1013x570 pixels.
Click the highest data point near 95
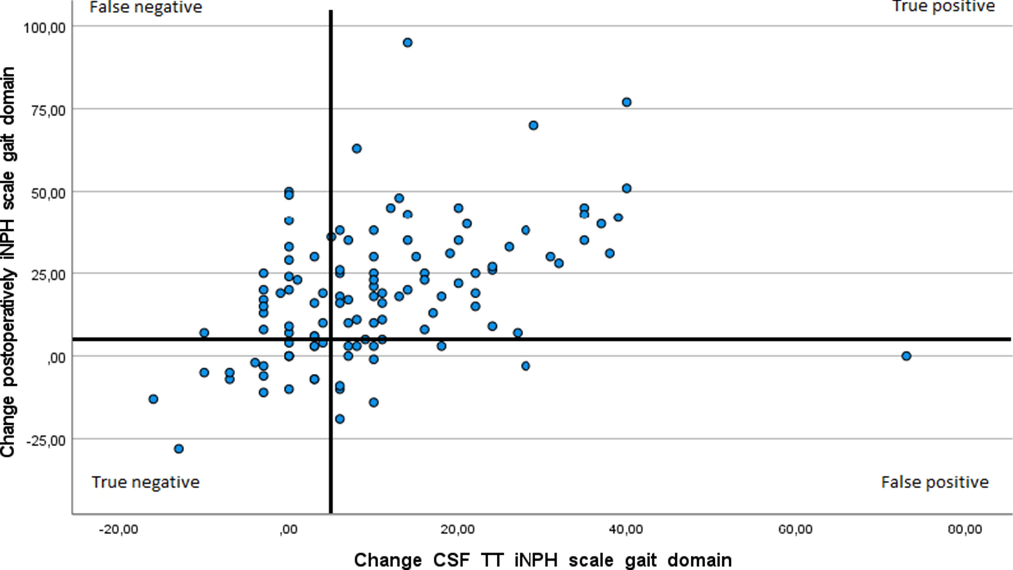pos(407,43)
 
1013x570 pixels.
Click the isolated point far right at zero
pos(906,356)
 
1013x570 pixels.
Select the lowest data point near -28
pos(179,449)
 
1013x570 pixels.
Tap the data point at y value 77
pos(627,102)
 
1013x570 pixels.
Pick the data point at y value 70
pos(533,125)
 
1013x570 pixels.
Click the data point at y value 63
pos(357,149)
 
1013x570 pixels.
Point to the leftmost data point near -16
pos(153,399)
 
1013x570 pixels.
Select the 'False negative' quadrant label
pos(146,7)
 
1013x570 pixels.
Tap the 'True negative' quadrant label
pos(145,482)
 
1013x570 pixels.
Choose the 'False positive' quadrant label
pos(935,482)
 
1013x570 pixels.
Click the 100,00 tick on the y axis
pos(45,27)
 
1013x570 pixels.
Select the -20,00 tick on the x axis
pos(118,529)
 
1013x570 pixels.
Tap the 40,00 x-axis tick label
pos(626,529)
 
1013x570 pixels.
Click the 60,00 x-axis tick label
pos(795,529)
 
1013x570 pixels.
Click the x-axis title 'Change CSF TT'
pos(543,559)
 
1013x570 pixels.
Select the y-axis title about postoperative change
pos(8,262)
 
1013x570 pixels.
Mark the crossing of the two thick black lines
pos(331,340)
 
